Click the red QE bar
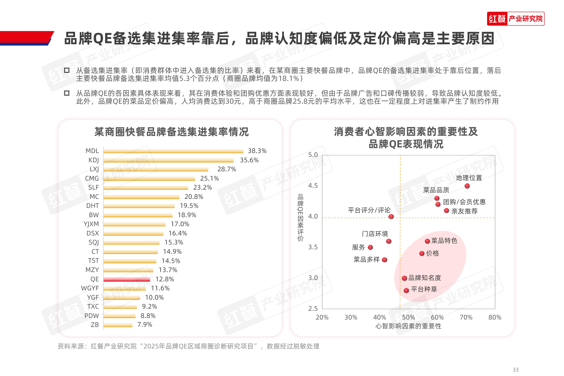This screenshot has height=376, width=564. coord(127,279)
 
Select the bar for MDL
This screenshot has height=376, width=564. coord(173,151)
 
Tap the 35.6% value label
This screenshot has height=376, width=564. coord(249,160)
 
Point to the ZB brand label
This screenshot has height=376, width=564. coord(95,325)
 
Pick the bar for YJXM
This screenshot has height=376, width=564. coord(135,224)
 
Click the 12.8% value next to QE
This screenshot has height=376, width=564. coord(164,279)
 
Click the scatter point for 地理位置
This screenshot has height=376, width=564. coord(467,186)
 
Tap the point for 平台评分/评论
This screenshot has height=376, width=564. coord(391,217)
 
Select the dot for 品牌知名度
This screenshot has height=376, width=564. coord(405,278)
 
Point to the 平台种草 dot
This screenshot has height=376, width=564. coord(406,290)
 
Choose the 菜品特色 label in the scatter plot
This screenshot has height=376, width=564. coord(444,241)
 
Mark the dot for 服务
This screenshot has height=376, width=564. coord(370,247)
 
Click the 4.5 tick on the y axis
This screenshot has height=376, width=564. coord(313,186)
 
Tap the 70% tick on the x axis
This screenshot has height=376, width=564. coord(466,317)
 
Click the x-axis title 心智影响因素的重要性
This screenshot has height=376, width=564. coord(408,326)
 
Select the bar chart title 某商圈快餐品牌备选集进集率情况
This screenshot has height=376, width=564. coord(171,132)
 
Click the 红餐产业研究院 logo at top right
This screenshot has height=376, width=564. coord(515,19)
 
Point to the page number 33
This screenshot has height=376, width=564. coord(515,370)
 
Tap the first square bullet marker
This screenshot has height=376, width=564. coord(67,70)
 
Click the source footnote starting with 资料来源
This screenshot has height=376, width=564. coord(188,346)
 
